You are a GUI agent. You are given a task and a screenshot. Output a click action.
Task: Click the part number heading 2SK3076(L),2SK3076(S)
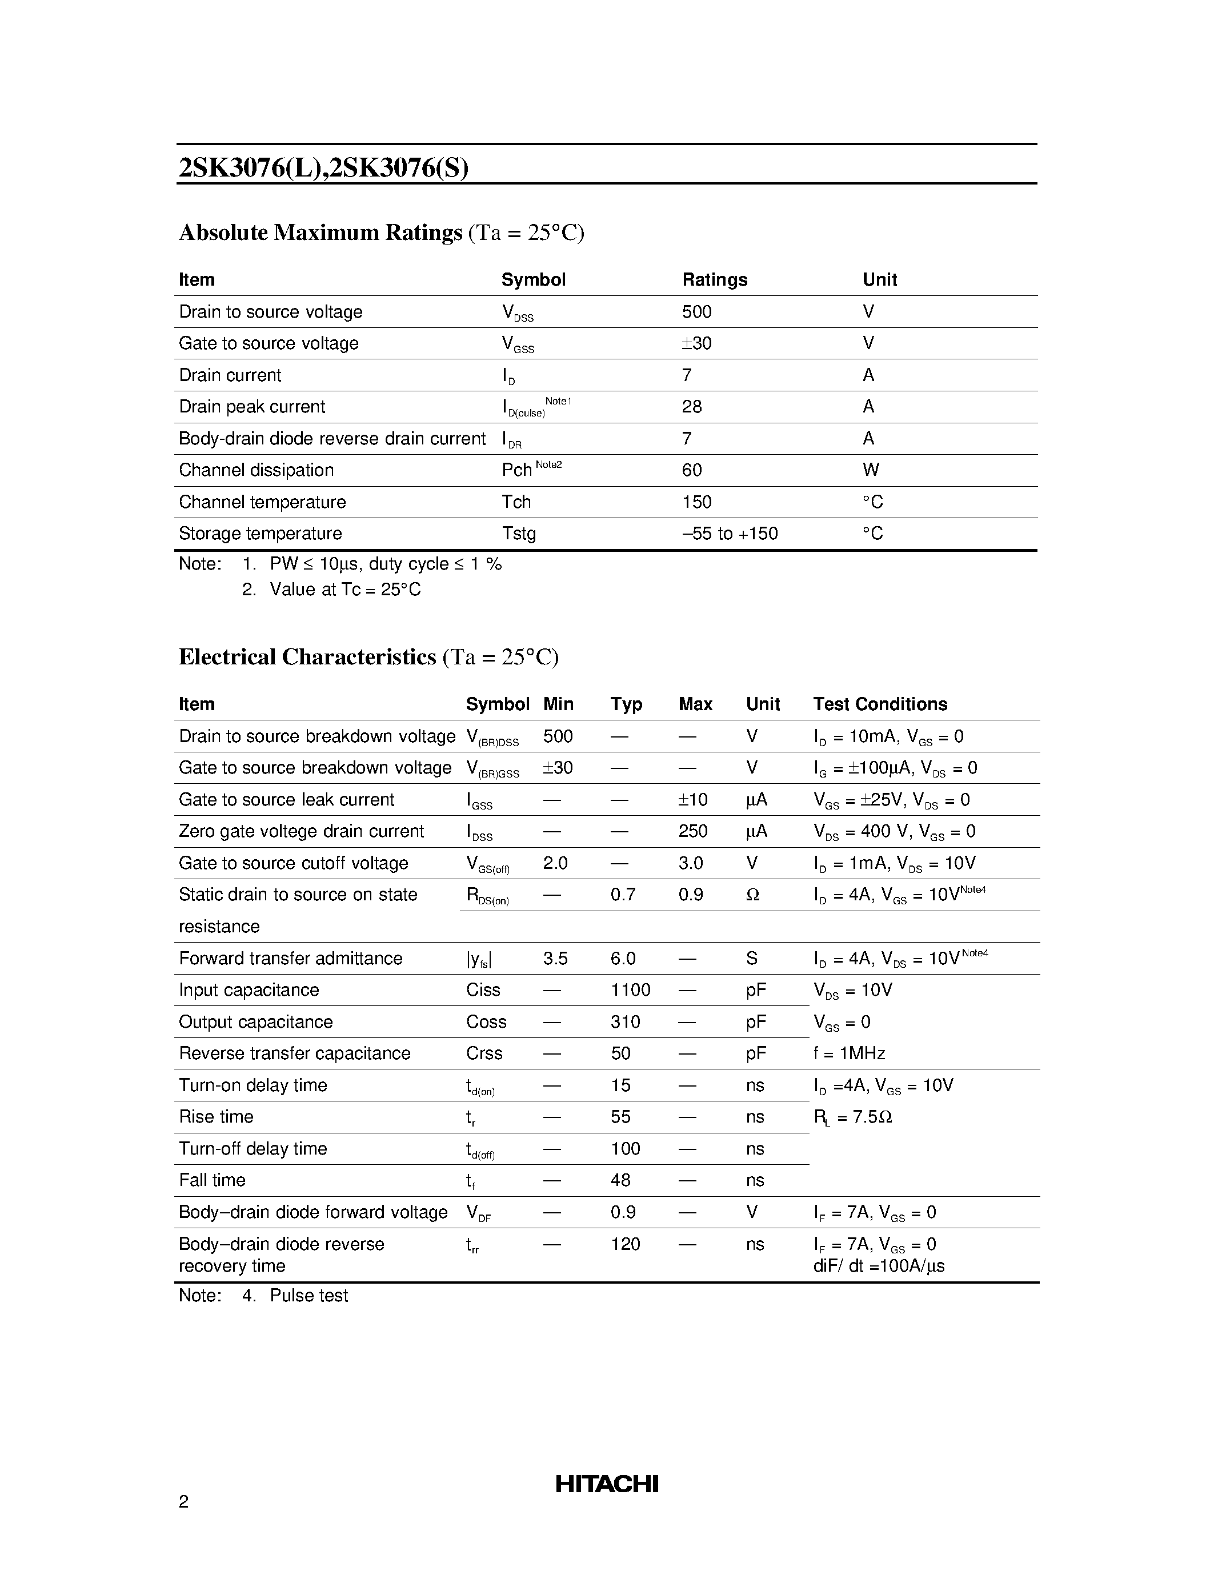pos(323,167)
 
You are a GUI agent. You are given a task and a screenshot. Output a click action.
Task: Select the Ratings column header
pos(714,280)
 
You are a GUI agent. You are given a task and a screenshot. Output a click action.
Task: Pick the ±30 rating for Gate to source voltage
pos(696,344)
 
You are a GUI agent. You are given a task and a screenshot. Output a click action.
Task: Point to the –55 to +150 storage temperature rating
pos(730,534)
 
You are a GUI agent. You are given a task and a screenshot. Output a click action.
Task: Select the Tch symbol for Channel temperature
pos(516,502)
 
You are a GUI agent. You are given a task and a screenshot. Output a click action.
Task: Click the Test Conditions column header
pos(880,704)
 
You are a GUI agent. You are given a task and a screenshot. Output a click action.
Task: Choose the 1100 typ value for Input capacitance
pos(630,991)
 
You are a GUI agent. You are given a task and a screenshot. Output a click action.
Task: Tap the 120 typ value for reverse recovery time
pos(625,1244)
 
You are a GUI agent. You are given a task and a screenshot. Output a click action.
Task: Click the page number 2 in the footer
pos(183,1501)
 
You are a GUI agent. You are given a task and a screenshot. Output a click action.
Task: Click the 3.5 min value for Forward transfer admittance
pos(555,959)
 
